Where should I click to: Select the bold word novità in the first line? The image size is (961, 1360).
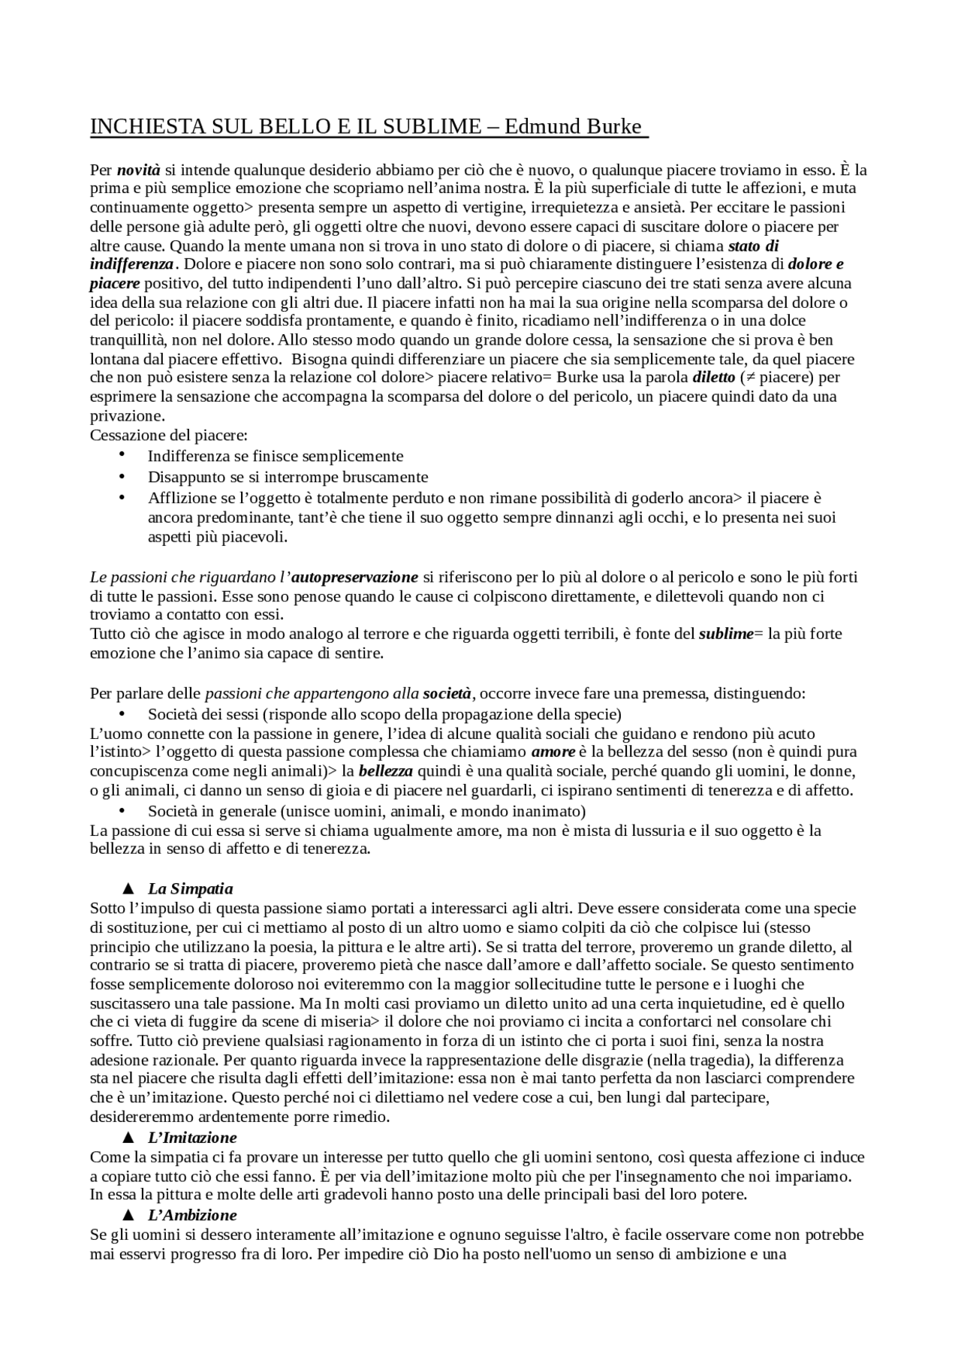pyautogui.click(x=139, y=170)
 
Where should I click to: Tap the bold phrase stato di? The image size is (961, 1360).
pyautogui.click(x=754, y=246)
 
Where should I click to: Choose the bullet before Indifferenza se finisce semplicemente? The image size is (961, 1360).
pyautogui.click(x=122, y=456)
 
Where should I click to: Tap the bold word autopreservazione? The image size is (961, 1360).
pyautogui.click(x=354, y=577)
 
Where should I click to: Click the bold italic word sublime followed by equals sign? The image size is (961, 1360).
pyautogui.click(x=725, y=634)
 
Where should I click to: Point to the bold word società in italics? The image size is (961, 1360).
pyautogui.click(x=447, y=692)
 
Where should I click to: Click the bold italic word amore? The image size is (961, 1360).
pyautogui.click(x=553, y=752)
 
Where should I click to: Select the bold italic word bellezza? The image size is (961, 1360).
pyautogui.click(x=386, y=771)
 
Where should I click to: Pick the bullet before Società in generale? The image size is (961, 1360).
pyautogui.click(x=122, y=811)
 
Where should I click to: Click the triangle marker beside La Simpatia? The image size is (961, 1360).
pyautogui.click(x=128, y=889)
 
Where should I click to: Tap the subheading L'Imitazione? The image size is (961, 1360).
pyautogui.click(x=192, y=1138)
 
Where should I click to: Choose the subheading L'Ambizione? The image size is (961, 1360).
pyautogui.click(x=192, y=1215)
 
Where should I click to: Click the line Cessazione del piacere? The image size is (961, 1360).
pyautogui.click(x=169, y=436)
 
